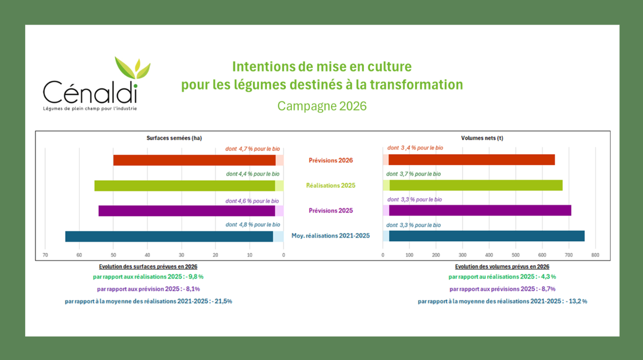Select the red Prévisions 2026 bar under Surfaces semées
pos(195,160)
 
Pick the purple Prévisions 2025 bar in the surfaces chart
pos(187,210)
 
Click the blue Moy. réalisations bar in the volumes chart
pos(487,236)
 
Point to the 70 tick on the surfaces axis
pos(46,255)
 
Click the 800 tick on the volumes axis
pos(595,255)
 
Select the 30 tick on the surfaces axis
pos(181,255)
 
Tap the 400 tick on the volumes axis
pos(489,255)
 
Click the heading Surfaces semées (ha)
pos(174,138)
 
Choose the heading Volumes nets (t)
pos(482,138)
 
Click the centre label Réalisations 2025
pos(330,185)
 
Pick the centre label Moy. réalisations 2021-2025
pos(330,236)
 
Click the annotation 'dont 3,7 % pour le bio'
pos(413,174)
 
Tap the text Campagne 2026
pos(322,106)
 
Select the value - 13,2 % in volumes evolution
pos(576,301)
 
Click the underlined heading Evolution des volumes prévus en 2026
pos(502,267)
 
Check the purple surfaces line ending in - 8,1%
pos(149,289)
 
